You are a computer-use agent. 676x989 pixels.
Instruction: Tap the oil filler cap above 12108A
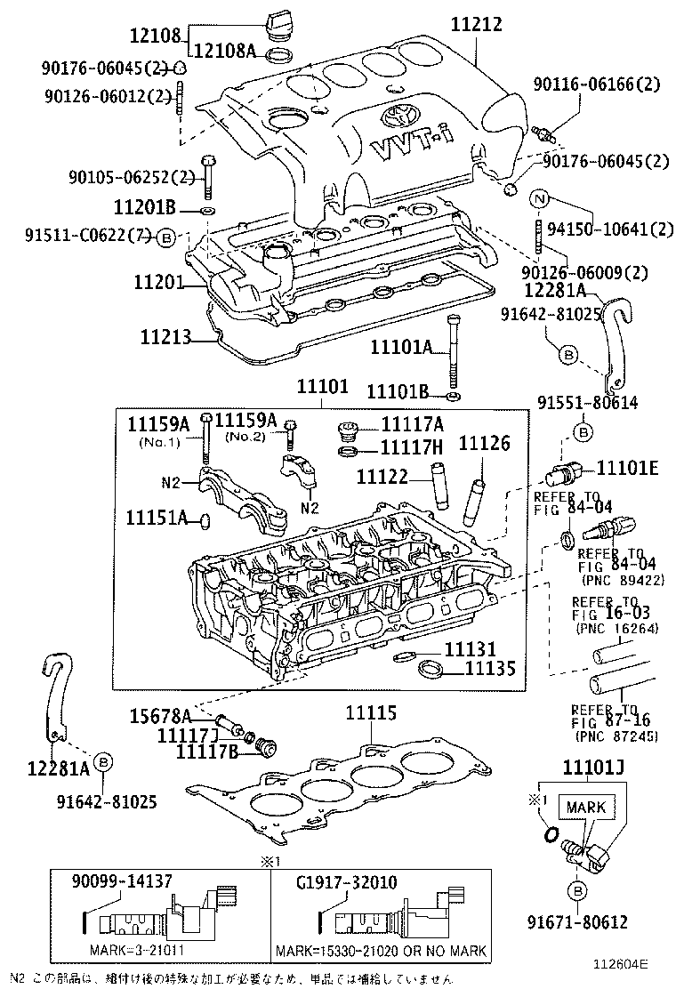coord(279,22)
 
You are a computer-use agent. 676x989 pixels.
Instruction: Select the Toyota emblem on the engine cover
coord(395,117)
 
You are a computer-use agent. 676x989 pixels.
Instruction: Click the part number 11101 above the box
coord(323,388)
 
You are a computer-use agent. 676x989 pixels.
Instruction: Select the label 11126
coord(485,442)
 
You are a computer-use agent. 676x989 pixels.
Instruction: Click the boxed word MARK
coord(584,808)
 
